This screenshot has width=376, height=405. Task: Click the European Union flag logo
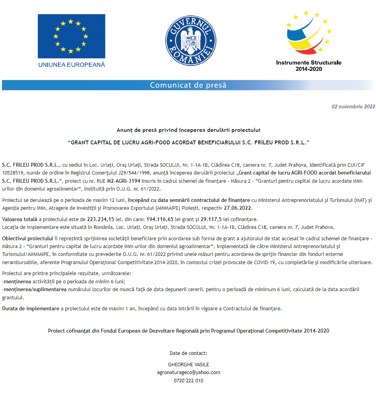coord(71,36)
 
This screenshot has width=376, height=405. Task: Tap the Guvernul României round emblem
coord(190,39)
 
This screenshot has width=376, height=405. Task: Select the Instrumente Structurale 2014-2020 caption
coord(309,65)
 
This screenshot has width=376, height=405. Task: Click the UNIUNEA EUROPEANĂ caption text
coord(71,65)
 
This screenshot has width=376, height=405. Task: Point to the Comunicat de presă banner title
coord(188,85)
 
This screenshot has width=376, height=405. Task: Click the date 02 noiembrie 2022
coord(353,106)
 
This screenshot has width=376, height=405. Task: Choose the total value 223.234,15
coord(103,219)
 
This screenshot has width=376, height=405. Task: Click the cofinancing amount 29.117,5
coord(212,219)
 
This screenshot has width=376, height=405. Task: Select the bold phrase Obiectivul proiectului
coord(27,238)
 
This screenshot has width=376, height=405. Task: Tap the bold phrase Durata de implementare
coord(31,308)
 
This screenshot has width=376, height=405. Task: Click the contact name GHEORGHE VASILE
coord(188,364)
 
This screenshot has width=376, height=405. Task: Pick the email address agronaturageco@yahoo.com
coord(188,372)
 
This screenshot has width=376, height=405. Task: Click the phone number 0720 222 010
coord(188,380)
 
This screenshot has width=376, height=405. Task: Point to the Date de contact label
coord(188,353)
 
